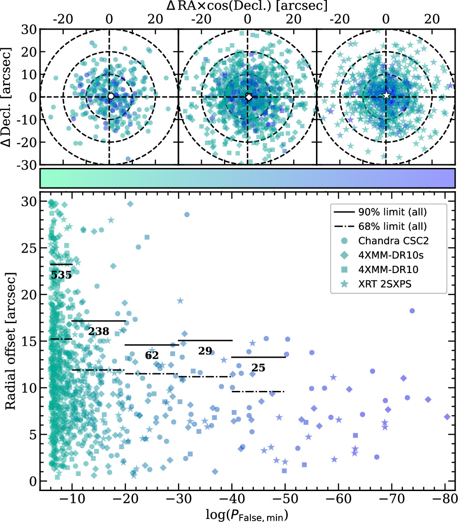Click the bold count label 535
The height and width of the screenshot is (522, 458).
tap(61, 275)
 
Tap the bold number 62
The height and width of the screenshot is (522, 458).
tap(152, 355)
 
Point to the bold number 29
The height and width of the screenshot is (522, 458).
tap(205, 350)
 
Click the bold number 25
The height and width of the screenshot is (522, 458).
tap(258, 368)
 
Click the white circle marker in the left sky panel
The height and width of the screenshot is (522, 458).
tap(110, 96)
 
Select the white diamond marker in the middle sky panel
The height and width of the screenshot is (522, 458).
tap(249, 97)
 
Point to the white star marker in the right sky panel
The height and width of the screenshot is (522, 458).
tap(387, 96)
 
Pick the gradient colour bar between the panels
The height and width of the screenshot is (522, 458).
tap(248, 178)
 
